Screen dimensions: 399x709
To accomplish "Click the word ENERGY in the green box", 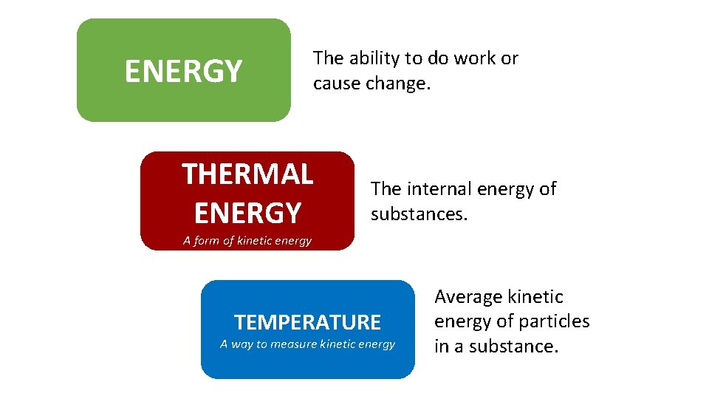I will point(183,72).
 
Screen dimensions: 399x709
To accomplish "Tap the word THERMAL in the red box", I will point(247,174).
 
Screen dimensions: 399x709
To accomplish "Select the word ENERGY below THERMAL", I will point(247,213).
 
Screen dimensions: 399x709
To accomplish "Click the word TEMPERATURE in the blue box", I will point(307,322).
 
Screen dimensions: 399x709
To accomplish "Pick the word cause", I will point(337,83).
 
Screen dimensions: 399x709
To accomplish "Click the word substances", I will point(419,214).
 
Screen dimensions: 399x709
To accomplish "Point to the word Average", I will point(468,297).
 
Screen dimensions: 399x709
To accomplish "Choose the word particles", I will point(552,321).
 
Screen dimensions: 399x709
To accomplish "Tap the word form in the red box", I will point(210,240).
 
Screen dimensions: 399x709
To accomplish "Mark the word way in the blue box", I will point(242,344).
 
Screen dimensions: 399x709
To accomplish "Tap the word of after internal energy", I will point(548,189).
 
